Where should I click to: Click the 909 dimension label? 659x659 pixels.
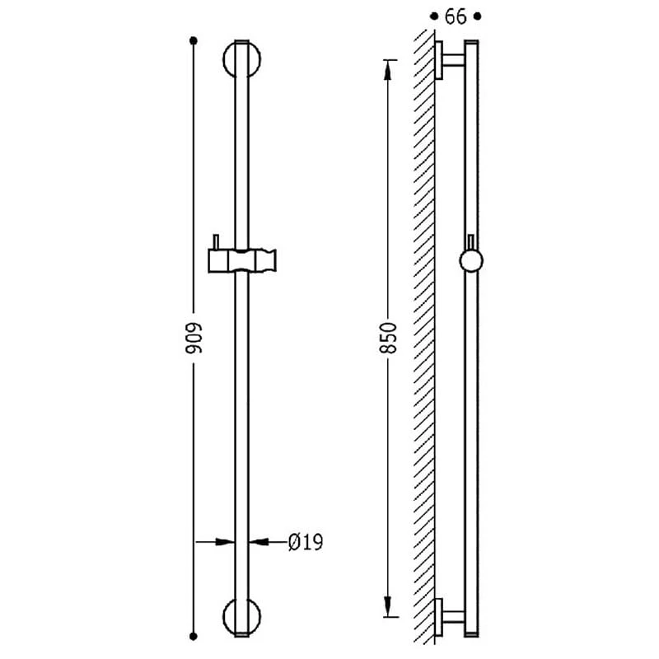click(x=194, y=338)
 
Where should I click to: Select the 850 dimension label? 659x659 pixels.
click(x=388, y=338)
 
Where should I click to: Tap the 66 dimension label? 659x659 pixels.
click(x=456, y=16)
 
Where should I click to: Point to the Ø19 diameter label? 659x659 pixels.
click(x=306, y=542)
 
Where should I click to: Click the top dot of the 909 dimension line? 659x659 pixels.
click(x=194, y=40)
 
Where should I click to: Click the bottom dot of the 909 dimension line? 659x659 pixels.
click(x=194, y=636)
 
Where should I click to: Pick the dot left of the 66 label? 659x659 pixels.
click(x=434, y=16)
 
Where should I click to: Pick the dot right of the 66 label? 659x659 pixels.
click(x=478, y=16)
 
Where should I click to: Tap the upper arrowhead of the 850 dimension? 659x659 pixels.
click(x=388, y=70)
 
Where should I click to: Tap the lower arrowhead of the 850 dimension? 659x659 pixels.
click(x=388, y=607)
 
